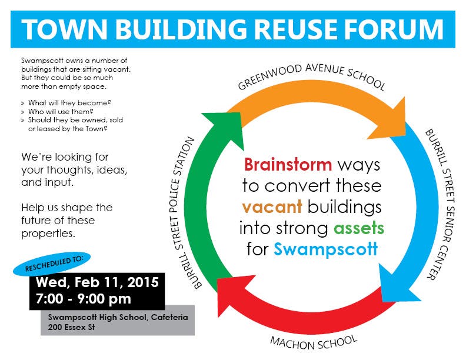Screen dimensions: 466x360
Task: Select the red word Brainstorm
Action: pos(288,165)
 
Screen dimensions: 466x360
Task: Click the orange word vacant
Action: pos(272,207)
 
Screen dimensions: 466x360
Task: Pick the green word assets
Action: pos(359,228)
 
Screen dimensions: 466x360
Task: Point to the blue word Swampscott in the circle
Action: pos(326,249)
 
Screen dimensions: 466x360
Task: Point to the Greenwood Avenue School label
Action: pos(311,76)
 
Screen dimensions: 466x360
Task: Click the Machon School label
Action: pos(314,342)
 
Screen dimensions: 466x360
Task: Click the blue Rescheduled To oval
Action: pos(52,264)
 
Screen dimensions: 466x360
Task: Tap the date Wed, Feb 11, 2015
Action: pos(97,282)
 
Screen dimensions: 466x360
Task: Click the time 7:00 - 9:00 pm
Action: pos(83,298)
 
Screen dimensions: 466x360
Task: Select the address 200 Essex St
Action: pos(71,327)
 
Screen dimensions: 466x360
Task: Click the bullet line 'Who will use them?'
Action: pos(61,112)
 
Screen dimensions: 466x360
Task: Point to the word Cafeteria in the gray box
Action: pos(169,317)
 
